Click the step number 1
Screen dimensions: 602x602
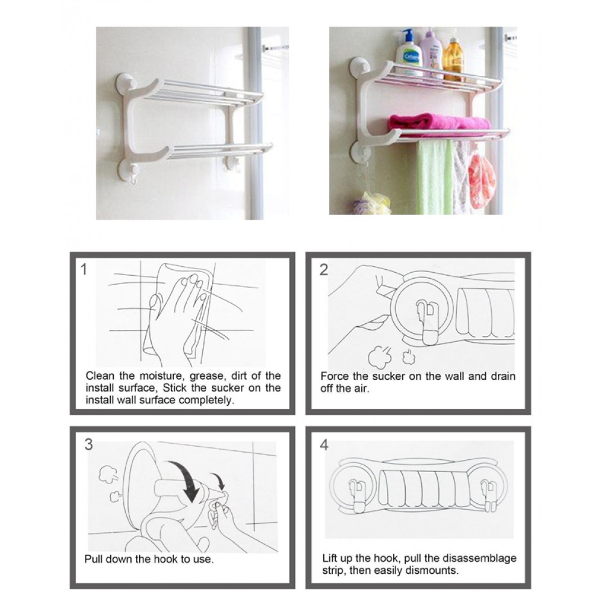84,270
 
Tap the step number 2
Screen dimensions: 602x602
324,270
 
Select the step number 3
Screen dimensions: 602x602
88,444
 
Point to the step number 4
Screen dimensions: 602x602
324,445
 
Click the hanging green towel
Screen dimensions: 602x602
435,176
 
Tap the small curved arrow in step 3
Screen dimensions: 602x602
220,482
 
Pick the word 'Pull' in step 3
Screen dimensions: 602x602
93,559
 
